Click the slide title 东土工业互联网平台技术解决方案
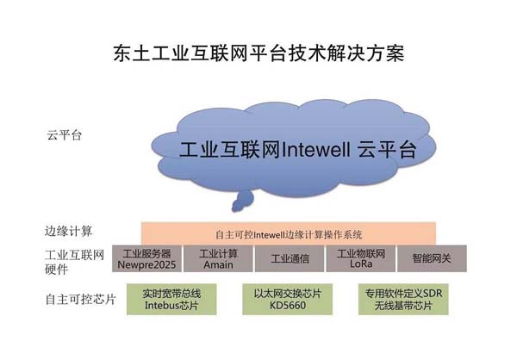(258, 53)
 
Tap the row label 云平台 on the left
(65, 135)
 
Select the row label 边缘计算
(69, 231)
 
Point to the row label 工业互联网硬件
(74, 262)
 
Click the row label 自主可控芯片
(81, 300)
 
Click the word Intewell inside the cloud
(316, 150)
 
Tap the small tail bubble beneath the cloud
(243, 201)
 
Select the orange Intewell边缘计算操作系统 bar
(289, 233)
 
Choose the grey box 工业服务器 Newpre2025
(146, 258)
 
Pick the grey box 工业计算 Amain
(218, 258)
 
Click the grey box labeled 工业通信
(290, 258)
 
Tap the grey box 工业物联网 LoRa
(361, 258)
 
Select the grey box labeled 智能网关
(432, 258)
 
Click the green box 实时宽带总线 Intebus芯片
(171, 300)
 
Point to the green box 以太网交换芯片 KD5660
(288, 300)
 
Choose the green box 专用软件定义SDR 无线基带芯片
(403, 300)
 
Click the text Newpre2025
(146, 264)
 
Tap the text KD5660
(288, 305)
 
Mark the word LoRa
(361, 264)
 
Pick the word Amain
(218, 264)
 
